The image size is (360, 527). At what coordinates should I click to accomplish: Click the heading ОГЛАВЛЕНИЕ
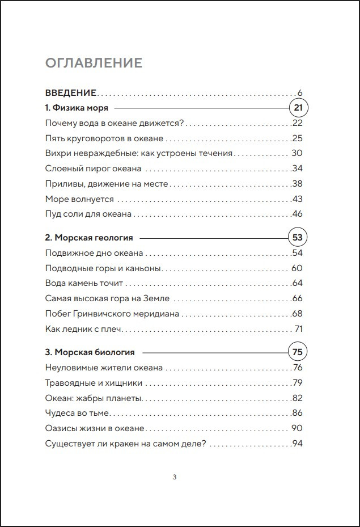point(94,62)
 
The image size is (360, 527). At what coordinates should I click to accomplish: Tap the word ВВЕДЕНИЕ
point(70,92)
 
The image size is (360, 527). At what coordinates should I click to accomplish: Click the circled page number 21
point(298,107)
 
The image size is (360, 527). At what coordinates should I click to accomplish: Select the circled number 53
point(298,238)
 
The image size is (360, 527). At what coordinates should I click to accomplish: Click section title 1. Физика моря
point(76,107)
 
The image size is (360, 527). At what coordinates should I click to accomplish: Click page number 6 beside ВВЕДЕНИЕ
point(300,92)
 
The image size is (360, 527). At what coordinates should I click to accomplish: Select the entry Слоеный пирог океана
point(93,168)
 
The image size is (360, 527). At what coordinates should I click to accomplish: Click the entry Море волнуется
point(79,199)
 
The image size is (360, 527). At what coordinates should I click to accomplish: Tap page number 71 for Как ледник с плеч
point(299,329)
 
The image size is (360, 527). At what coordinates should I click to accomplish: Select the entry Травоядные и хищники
point(94,383)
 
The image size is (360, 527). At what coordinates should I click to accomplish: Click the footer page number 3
point(174,477)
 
